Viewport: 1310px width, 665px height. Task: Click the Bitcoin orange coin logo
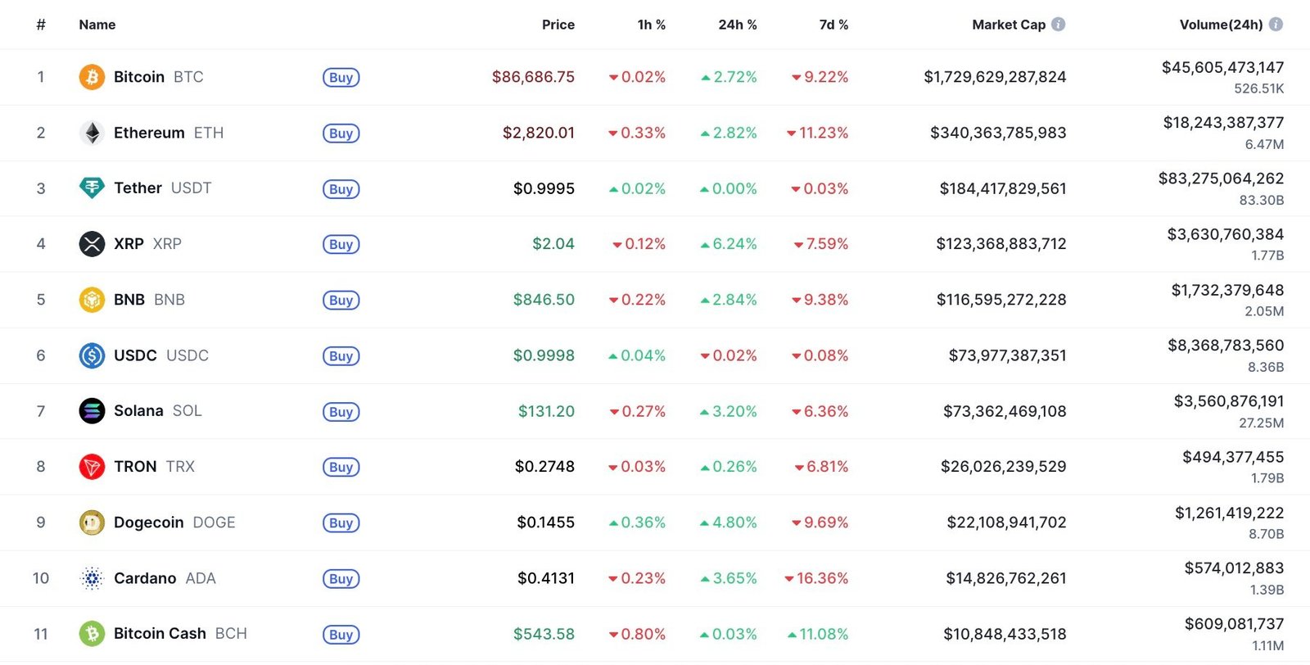click(92, 77)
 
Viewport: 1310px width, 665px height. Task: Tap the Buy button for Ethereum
click(341, 133)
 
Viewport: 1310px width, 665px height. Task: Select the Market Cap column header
click(1008, 25)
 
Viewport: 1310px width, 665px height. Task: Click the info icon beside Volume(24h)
click(1276, 25)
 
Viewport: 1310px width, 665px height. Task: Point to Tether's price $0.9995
click(544, 188)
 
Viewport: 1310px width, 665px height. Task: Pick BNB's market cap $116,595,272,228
click(1001, 300)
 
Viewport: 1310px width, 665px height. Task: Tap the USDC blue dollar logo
click(92, 355)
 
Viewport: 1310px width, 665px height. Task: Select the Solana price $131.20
click(546, 411)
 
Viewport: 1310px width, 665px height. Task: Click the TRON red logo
click(92, 467)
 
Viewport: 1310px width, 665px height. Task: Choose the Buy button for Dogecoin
click(341, 523)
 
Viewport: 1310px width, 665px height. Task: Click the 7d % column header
click(833, 25)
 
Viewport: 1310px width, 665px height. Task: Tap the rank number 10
click(41, 578)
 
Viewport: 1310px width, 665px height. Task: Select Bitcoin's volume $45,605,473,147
click(1222, 67)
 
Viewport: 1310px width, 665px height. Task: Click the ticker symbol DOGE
click(214, 522)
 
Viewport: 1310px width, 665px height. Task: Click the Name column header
click(97, 25)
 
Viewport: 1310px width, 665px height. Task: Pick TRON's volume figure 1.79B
click(1267, 478)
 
